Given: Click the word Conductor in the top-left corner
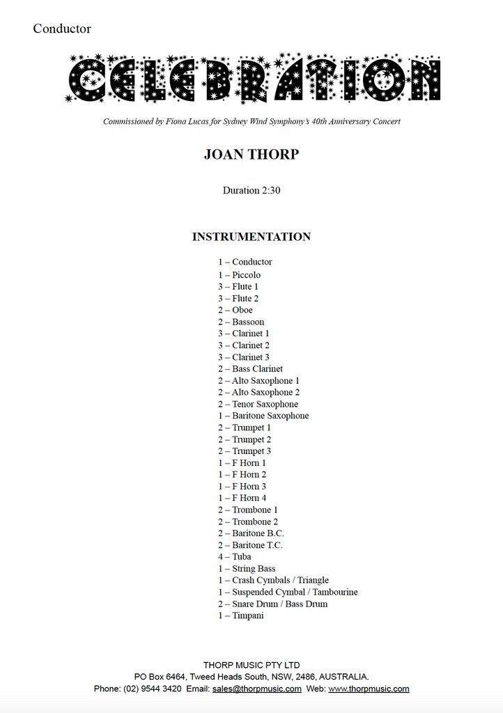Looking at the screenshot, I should [x=62, y=29].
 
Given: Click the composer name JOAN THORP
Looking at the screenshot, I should [x=251, y=155].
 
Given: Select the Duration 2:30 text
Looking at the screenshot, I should [x=251, y=190].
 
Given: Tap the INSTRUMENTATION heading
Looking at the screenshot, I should [x=251, y=237].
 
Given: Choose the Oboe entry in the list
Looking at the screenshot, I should [x=235, y=310].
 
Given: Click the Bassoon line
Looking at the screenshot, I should [x=241, y=322].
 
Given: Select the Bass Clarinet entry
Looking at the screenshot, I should [x=250, y=369].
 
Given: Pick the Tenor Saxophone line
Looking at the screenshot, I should [x=258, y=404].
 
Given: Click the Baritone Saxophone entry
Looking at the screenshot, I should [x=263, y=416].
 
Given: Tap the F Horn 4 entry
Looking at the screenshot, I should [x=242, y=498].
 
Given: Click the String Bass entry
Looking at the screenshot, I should [x=247, y=568].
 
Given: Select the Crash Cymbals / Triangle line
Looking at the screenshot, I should [x=273, y=580].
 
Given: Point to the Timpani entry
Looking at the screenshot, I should [x=240, y=616].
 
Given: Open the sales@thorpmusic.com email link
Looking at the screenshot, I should [x=257, y=689].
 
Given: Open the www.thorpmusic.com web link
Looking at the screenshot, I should [x=369, y=689].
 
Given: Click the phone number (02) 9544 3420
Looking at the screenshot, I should [x=153, y=689].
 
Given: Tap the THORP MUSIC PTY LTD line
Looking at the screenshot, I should [x=251, y=665].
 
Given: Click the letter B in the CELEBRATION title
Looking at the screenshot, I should [x=221, y=78].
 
